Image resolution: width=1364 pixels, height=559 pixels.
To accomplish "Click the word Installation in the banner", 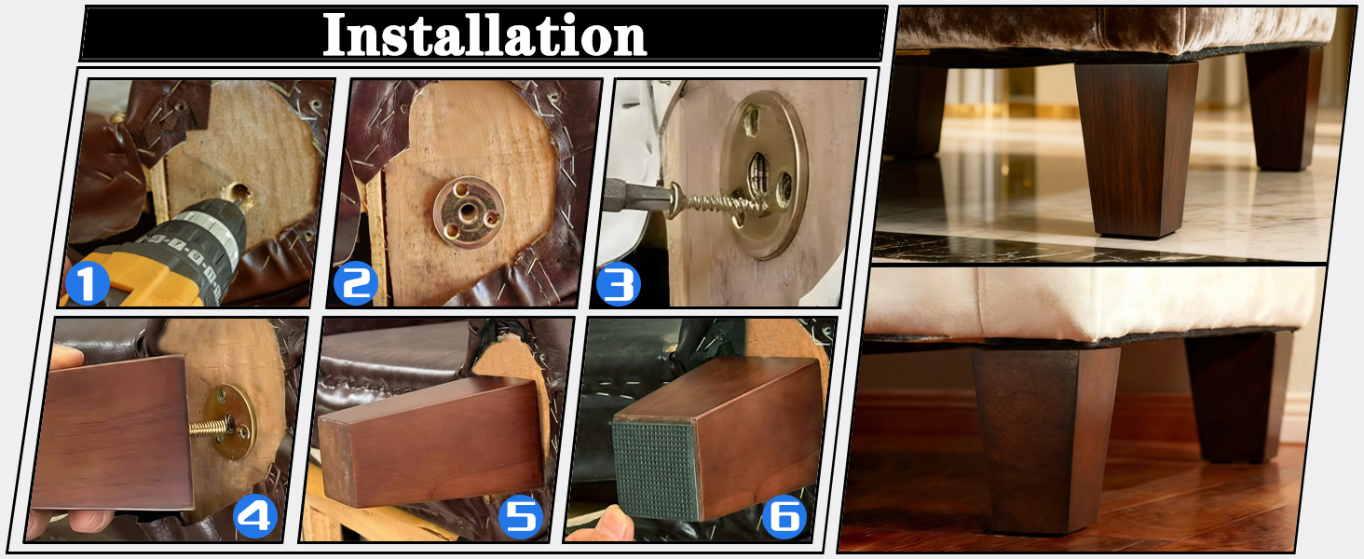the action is click(484, 34).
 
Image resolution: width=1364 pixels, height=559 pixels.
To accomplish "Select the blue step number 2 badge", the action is click(356, 283).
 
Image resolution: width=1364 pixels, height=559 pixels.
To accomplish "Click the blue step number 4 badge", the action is click(255, 516).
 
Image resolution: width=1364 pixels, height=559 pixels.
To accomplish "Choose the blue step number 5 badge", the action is click(521, 517).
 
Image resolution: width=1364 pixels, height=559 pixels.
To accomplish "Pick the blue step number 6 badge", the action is click(784, 517).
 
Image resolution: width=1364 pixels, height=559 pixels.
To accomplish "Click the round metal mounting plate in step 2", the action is click(469, 211).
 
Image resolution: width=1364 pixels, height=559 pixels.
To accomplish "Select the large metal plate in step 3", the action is click(764, 175).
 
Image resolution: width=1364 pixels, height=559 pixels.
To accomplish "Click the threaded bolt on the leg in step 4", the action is click(210, 427).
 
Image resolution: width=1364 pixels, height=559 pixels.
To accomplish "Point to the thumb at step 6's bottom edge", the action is click(605, 525).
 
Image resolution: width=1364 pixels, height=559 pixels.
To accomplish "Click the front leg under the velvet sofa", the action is click(1136, 149).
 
